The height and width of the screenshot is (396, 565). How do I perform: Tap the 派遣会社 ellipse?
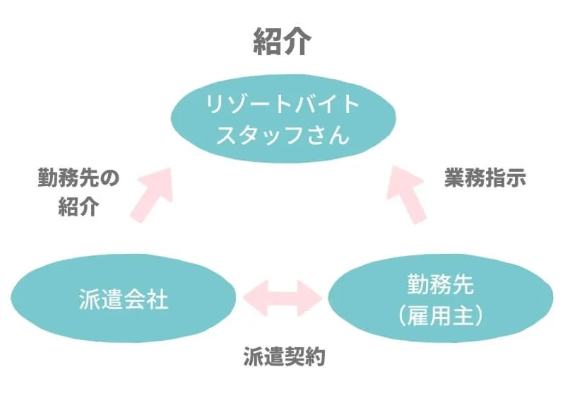tap(124, 300)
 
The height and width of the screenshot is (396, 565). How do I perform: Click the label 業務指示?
tap(485, 177)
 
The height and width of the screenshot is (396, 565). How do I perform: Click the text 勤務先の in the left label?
tap(79, 177)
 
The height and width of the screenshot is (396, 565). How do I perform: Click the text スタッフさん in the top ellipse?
tap(282, 134)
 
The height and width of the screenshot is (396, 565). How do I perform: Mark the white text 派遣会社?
tap(124, 301)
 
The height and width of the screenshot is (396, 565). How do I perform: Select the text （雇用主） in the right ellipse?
tap(441, 315)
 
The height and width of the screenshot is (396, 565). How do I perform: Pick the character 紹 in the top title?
tap(266, 43)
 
